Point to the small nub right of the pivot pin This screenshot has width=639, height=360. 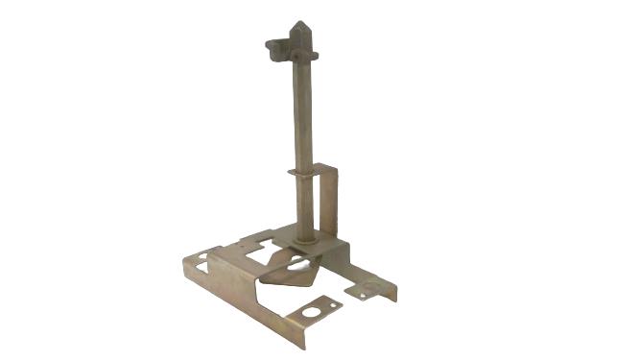[314, 56]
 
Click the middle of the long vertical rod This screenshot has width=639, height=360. [303, 125]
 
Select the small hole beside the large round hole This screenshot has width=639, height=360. [331, 307]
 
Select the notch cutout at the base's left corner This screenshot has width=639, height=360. [203, 257]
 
